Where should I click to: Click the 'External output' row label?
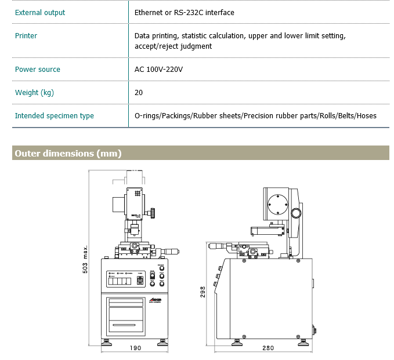[x=40, y=12]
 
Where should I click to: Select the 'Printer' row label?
[x=26, y=35]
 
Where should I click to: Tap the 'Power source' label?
[x=38, y=69]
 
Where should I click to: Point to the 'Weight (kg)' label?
[x=35, y=92]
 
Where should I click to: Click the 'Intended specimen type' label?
[x=55, y=115]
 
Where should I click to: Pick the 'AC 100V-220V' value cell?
[x=158, y=69]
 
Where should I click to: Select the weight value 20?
[x=139, y=92]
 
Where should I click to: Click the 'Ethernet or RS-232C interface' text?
[x=185, y=12]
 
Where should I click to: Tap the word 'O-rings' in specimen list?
[x=147, y=115]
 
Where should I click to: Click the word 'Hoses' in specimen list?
[x=367, y=115]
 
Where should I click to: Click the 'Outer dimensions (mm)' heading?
[x=68, y=153]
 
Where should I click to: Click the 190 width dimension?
[x=135, y=348]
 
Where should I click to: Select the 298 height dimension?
[x=203, y=292]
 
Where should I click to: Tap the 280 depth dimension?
[x=268, y=348]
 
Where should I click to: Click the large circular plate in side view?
[x=277, y=205]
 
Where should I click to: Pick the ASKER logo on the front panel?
[x=154, y=300]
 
